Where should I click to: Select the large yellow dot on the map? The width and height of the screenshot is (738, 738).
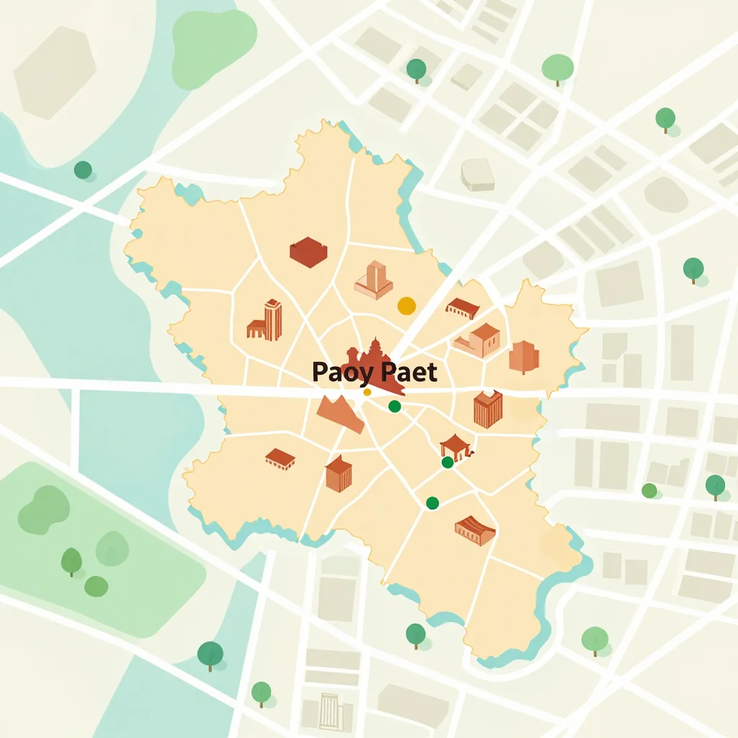coord(406,306)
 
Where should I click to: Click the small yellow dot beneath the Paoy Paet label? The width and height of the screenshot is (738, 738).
coord(367,392)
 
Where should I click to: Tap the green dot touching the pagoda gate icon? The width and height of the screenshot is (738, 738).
coord(448,462)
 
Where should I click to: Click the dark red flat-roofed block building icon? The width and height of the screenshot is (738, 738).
coord(308,252)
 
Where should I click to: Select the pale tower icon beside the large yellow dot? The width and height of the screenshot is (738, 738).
coord(374,280)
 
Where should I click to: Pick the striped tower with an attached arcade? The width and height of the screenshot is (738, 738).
coord(264,321)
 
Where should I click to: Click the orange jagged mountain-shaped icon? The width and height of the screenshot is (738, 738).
coord(340,414)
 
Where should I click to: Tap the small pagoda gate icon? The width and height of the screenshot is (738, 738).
coord(455,446)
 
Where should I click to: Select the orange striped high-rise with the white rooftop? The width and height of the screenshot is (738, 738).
coord(488,409)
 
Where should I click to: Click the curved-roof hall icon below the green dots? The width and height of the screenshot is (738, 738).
coord(475,530)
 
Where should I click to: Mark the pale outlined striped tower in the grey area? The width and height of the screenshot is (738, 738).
coord(330,711)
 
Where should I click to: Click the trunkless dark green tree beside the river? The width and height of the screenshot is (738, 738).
coord(83,170)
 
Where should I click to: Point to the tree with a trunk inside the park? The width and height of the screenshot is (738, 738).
coord(71,561)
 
